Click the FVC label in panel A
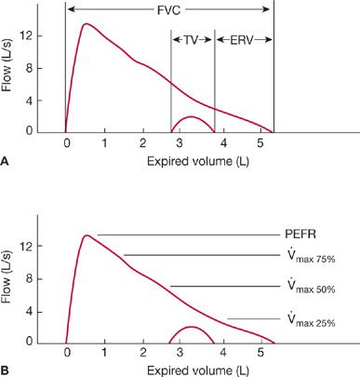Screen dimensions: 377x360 pyautogui.click(x=168, y=8)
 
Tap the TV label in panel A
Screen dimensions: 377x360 pyautogui.click(x=193, y=40)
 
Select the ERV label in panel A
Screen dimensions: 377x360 pyautogui.click(x=243, y=40)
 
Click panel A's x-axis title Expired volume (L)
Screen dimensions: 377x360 pyautogui.click(x=168, y=161)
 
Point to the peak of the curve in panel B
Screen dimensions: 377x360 pyautogui.click(x=86, y=236)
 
